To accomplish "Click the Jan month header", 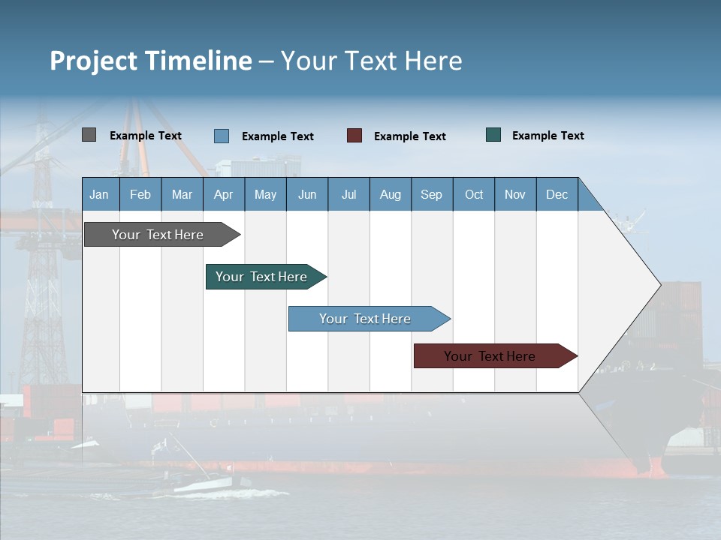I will (x=99, y=194).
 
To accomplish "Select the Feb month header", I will (x=140, y=194).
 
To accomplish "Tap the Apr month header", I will (x=223, y=194).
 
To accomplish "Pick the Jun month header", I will (x=307, y=194).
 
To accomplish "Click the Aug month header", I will (x=390, y=194).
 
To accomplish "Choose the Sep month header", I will (x=431, y=194).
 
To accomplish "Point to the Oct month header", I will (x=474, y=194).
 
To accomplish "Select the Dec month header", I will (x=557, y=194).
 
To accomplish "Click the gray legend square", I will (x=89, y=135).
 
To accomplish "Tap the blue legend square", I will (x=222, y=136).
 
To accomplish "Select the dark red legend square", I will (x=354, y=135).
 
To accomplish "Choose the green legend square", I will (x=493, y=135).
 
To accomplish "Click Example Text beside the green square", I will (x=548, y=136).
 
